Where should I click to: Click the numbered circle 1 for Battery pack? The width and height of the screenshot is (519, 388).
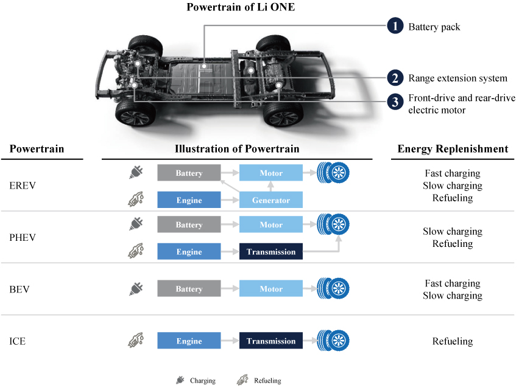395,26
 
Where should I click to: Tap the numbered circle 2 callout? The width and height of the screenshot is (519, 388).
395,78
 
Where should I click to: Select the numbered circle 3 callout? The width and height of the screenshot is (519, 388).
395,102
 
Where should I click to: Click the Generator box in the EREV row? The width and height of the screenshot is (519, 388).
270,200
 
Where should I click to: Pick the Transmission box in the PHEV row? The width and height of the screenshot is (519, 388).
270,252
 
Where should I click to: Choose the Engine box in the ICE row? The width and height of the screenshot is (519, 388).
189,341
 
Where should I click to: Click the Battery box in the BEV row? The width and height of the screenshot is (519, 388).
189,288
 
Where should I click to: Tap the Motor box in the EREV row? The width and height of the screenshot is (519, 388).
270,173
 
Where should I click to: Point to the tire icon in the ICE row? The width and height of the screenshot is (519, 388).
333,341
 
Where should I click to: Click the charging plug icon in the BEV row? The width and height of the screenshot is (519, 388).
136,288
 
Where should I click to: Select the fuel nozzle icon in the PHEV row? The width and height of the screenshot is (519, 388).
136,251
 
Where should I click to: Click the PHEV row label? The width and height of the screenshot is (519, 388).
23,237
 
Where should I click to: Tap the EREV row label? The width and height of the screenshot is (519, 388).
23,185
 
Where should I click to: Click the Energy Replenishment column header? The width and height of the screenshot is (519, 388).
453,149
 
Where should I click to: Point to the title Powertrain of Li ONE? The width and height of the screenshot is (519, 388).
241,7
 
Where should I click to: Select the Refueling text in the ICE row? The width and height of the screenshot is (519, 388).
453,341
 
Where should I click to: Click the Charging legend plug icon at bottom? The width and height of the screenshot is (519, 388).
180,380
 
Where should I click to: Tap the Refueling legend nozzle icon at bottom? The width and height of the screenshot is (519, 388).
242,380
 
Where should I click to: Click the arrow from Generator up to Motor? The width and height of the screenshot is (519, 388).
270,187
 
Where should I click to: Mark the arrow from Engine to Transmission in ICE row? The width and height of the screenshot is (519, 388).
230,341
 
